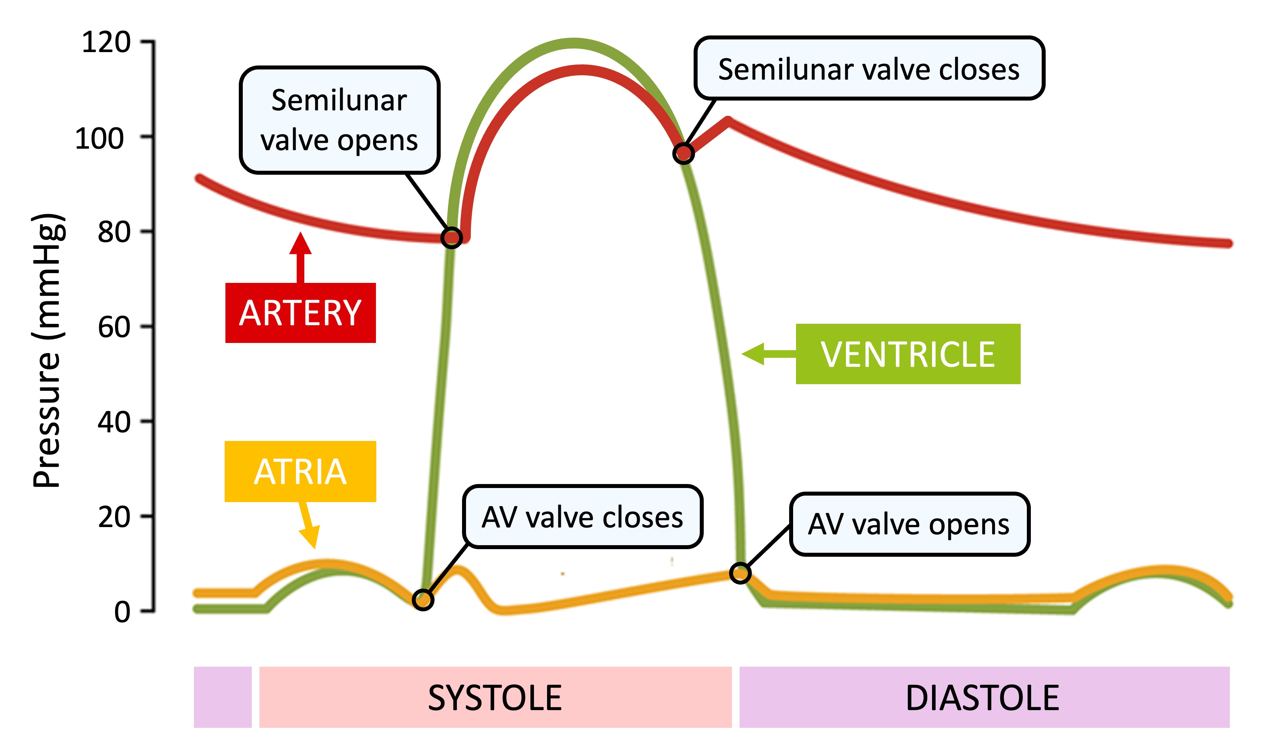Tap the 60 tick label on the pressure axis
point(114,327)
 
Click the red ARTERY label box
point(300,313)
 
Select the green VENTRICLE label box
point(907,354)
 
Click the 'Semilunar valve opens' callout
point(339,120)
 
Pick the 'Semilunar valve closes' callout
point(869,68)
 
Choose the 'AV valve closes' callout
point(582,517)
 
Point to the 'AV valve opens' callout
point(909,524)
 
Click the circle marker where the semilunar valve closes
point(683,153)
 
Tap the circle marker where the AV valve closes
point(423,600)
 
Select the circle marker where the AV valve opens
point(740,573)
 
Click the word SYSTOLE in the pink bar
point(495,698)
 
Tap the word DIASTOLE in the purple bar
point(982,698)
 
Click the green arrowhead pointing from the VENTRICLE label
point(753,354)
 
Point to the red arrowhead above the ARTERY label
point(300,243)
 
